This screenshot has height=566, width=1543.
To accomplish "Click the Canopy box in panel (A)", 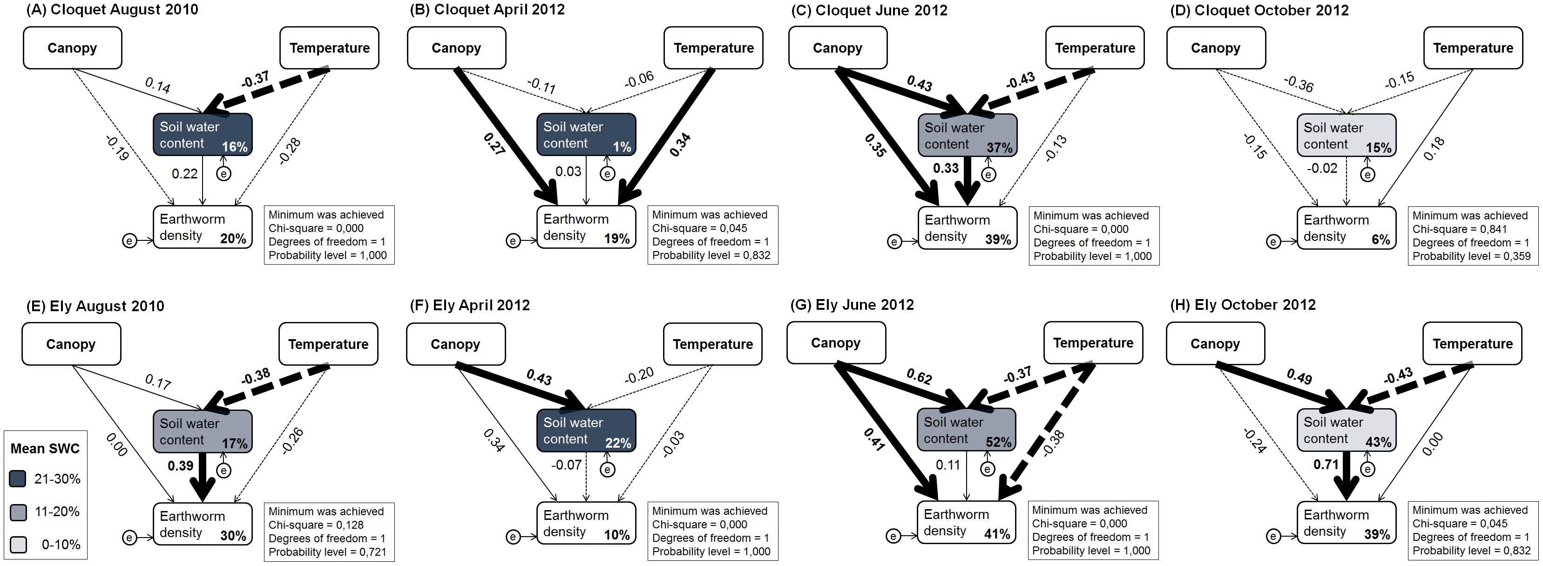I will click(73, 48).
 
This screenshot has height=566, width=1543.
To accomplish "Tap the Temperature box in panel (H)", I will click(1472, 343).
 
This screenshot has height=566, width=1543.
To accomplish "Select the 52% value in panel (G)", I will click(998, 443).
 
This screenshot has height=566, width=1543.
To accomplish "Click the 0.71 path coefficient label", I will click(1326, 464).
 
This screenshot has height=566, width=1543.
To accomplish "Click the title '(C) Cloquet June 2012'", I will click(869, 10).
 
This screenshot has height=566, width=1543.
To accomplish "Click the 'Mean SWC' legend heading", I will click(45, 449).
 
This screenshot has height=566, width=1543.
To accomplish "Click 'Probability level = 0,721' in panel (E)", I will click(327, 552).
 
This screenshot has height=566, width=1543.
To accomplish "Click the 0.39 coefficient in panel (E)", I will click(180, 466).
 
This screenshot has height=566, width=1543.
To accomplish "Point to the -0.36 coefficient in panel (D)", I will click(1298, 84).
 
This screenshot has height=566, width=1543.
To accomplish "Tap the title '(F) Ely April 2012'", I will click(470, 305).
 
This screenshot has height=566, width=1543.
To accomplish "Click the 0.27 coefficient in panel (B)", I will click(494, 144).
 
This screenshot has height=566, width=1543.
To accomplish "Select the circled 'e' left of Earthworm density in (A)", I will click(129, 240).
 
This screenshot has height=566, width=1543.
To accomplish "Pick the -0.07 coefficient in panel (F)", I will click(566, 464).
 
